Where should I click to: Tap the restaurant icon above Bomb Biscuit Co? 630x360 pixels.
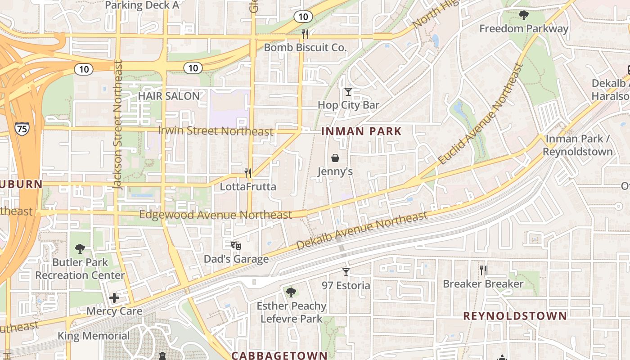(305, 34)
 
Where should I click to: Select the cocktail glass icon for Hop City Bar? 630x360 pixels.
(348, 92)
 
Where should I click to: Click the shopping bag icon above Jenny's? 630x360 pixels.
(335, 158)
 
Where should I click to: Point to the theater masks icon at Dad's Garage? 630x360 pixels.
(236, 245)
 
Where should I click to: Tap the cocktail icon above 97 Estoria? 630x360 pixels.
(346, 272)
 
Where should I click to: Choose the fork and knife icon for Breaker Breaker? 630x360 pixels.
(483, 270)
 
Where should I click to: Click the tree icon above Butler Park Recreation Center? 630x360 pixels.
(80, 248)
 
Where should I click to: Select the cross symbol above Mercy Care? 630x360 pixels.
(114, 297)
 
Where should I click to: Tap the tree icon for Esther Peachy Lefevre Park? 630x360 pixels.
(291, 292)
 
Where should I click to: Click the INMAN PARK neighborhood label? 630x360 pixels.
(361, 131)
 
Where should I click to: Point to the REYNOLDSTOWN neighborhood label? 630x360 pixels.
(515, 316)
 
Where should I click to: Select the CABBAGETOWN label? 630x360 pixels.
(279, 355)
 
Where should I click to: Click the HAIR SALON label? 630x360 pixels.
(169, 96)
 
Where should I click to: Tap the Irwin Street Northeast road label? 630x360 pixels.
(216, 131)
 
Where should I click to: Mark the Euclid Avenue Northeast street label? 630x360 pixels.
(481, 114)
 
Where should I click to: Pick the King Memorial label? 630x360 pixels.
(94, 336)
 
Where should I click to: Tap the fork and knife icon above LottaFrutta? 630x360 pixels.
(247, 173)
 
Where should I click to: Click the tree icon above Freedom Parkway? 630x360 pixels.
(523, 16)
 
